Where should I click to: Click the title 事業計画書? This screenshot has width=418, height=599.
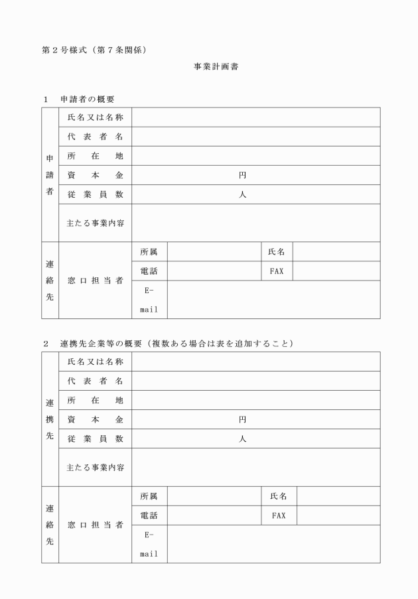211,67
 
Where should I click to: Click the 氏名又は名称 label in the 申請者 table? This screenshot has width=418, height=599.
95,117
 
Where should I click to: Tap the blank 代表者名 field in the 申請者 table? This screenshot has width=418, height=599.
255,137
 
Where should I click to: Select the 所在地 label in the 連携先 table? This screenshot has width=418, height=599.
95,401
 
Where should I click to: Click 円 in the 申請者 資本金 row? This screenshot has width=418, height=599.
242,175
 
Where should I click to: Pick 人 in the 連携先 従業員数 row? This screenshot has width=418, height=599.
242,439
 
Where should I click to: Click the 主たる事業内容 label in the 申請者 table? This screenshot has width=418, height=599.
95,223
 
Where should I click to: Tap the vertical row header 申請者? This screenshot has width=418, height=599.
50,175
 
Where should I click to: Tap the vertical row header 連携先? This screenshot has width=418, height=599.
50,419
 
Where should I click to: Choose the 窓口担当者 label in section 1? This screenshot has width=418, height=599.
95,281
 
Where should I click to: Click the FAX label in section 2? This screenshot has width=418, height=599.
279,515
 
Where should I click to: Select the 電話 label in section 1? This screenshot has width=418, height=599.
149,271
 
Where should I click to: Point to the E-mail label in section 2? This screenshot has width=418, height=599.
149,543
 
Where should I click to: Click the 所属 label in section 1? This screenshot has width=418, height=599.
149,252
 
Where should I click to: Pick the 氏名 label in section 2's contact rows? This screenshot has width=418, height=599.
279,496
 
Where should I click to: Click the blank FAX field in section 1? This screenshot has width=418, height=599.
336,271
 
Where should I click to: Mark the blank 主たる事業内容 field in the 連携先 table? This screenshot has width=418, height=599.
255,467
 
